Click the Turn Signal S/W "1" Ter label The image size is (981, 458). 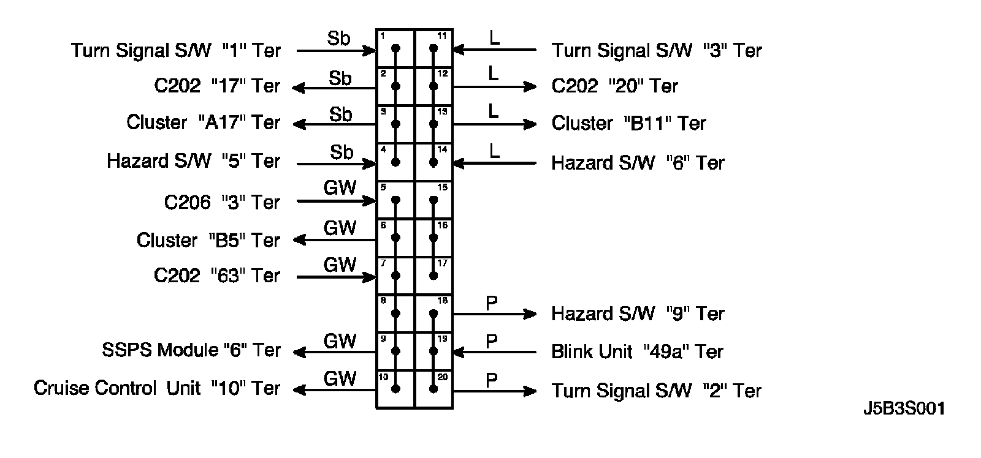(175, 50)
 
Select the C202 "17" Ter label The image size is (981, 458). (217, 86)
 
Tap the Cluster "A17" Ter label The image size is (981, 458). (203, 122)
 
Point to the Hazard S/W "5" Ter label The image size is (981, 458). (193, 161)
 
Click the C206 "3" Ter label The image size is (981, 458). (221, 202)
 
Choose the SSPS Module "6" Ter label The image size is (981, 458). (191, 350)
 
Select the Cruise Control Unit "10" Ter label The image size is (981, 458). (157, 388)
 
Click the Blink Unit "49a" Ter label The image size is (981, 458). (638, 352)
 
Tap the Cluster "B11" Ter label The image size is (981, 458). (628, 124)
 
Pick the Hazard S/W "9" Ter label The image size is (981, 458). (638, 314)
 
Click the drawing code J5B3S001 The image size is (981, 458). (904, 408)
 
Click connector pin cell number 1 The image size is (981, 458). (395, 48)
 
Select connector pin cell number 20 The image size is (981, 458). (434, 389)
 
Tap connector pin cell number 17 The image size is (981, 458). (434, 276)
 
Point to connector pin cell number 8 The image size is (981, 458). (395, 313)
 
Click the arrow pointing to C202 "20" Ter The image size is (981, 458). (494, 87)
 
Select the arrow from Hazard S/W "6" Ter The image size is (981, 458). (494, 163)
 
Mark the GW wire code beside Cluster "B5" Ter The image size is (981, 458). (340, 228)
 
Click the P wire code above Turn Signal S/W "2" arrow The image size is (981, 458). (492, 380)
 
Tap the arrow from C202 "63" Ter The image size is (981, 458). (336, 277)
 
